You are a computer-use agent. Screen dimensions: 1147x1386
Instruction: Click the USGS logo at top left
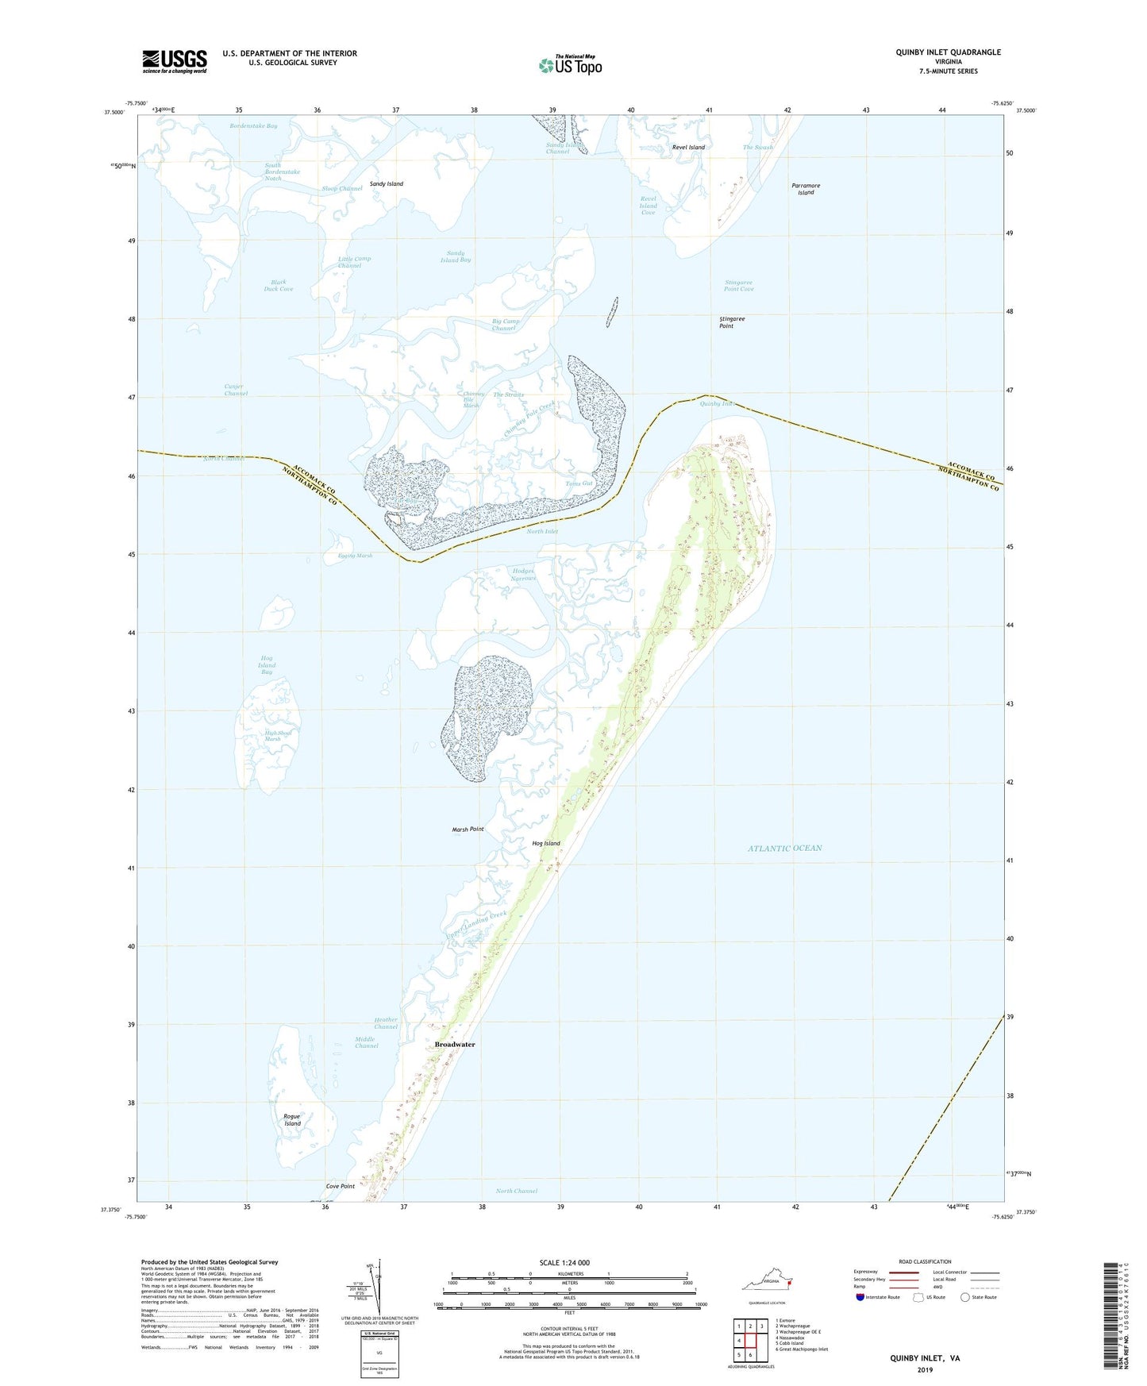click(175, 61)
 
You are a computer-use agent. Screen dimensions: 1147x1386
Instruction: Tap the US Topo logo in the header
click(569, 65)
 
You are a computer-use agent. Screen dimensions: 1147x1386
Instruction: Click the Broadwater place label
click(455, 1045)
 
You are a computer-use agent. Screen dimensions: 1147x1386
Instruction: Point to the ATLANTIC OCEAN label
click(784, 849)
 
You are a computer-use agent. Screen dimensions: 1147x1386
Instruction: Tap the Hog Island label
click(546, 844)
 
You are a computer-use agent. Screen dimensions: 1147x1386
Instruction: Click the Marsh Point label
click(468, 830)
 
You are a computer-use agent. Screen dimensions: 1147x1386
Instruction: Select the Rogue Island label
click(292, 1120)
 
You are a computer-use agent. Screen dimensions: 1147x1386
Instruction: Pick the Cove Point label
click(341, 1186)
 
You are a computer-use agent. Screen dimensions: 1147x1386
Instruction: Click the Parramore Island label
click(806, 189)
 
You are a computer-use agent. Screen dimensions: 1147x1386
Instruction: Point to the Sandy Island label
click(387, 184)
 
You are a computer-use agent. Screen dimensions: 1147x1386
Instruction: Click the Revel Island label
click(688, 148)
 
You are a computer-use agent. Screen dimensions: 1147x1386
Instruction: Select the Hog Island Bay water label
click(267, 665)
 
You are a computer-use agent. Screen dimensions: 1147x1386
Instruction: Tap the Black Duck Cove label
click(279, 286)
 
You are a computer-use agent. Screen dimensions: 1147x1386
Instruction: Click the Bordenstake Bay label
click(253, 126)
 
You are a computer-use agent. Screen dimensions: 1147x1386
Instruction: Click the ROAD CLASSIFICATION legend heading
click(925, 1261)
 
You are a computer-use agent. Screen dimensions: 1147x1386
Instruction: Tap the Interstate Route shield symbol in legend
click(861, 1297)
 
